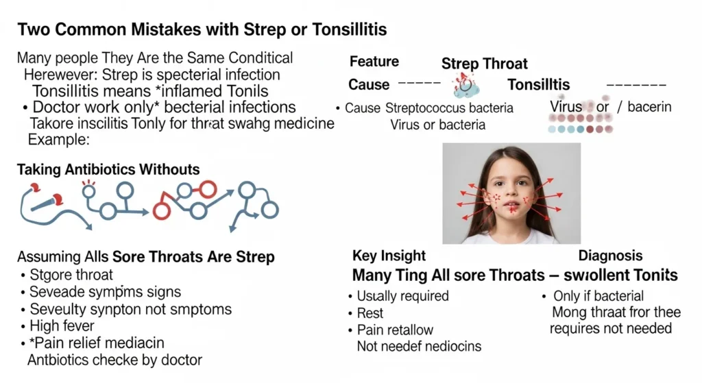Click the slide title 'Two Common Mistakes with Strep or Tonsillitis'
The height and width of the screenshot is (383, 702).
tap(202, 29)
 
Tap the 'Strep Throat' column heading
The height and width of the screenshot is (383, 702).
tap(484, 64)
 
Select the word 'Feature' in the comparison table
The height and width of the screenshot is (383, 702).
tap(375, 62)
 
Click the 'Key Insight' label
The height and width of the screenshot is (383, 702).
tap(389, 256)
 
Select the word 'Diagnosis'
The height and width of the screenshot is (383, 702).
tap(610, 256)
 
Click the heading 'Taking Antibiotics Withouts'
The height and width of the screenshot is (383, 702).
tap(108, 170)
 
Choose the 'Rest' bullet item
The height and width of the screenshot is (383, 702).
tap(371, 313)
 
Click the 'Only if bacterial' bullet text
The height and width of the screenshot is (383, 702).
tap(598, 296)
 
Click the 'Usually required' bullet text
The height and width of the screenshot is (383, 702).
tap(402, 296)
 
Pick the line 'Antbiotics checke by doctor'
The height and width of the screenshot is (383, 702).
tap(114, 360)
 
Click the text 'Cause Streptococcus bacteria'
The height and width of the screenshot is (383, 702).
tap(429, 108)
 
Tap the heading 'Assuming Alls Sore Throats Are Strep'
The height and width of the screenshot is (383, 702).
tap(146, 257)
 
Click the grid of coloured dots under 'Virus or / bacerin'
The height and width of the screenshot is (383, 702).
tap(581, 123)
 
